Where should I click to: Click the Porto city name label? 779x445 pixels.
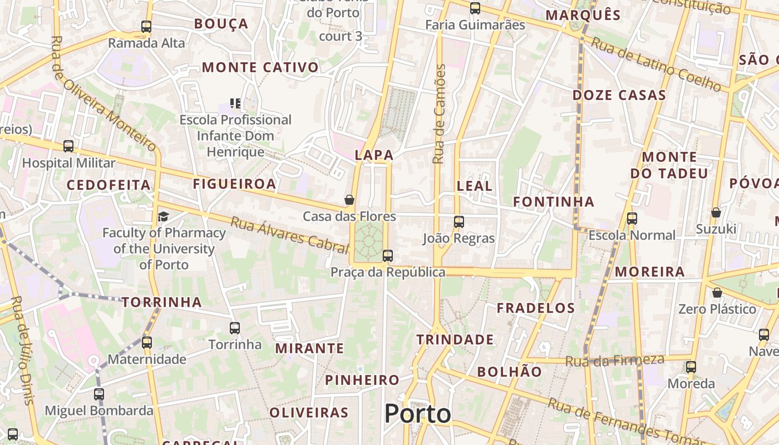pyautogui.click(x=417, y=414)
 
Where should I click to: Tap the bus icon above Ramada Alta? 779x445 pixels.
pyautogui.click(x=146, y=26)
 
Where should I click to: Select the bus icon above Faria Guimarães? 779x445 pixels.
pyautogui.click(x=475, y=8)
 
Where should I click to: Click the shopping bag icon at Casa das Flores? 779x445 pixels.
pyautogui.click(x=349, y=200)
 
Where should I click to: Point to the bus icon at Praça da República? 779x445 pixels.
pyautogui.click(x=388, y=256)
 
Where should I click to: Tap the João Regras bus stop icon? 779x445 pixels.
pyautogui.click(x=458, y=222)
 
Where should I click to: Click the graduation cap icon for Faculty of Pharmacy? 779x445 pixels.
pyautogui.click(x=164, y=216)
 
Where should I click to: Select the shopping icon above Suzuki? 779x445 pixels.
pyautogui.click(x=716, y=212)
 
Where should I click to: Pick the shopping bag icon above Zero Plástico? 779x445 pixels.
pyautogui.click(x=718, y=293)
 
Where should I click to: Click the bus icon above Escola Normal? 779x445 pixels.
pyautogui.click(x=632, y=219)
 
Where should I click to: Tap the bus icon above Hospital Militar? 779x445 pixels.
pyautogui.click(x=68, y=146)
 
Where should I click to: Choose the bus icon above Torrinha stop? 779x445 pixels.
pyautogui.click(x=235, y=328)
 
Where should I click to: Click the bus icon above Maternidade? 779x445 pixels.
pyautogui.click(x=146, y=343)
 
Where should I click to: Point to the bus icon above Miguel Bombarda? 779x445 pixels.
pyautogui.click(x=99, y=394)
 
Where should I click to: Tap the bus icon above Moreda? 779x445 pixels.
pyautogui.click(x=691, y=367)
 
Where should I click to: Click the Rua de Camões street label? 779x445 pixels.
pyautogui.click(x=439, y=114)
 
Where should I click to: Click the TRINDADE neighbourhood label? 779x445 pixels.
pyautogui.click(x=455, y=339)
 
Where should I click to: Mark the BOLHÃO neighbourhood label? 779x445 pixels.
pyautogui.click(x=509, y=372)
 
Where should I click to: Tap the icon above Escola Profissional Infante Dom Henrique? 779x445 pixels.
pyautogui.click(x=235, y=103)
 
